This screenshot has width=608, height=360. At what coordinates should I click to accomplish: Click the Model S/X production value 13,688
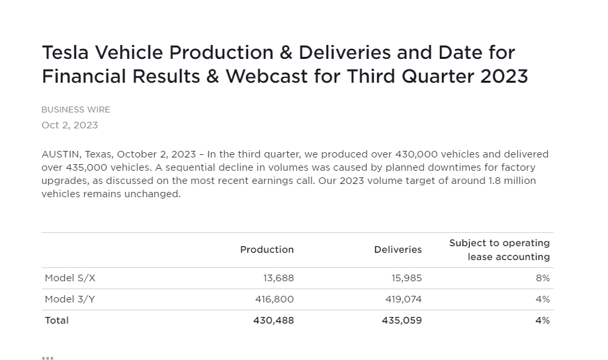(x=279, y=278)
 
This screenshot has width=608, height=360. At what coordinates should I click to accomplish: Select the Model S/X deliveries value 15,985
(x=406, y=278)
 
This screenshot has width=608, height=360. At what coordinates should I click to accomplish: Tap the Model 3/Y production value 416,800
(x=275, y=299)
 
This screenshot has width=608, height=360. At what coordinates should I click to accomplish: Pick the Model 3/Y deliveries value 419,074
(x=404, y=299)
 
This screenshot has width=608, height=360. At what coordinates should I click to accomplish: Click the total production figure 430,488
(x=273, y=320)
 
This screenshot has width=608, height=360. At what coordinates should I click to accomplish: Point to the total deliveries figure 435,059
(x=402, y=320)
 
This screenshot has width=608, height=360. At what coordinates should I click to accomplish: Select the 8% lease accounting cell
(x=543, y=278)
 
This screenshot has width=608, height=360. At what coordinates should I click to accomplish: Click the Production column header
(x=267, y=249)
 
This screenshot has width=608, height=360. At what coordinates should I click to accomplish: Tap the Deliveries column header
(x=398, y=249)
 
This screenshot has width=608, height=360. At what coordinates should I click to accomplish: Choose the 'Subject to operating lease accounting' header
(x=499, y=250)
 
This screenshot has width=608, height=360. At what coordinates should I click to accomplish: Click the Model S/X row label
(x=70, y=278)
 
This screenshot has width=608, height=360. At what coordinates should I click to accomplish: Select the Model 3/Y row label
(x=69, y=299)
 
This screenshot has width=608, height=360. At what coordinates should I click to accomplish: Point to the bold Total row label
(x=57, y=320)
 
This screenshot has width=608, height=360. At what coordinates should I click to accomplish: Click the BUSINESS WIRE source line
(x=75, y=110)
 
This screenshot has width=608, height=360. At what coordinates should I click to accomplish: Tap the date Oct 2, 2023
(x=69, y=125)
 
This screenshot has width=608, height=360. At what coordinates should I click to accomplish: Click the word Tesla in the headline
(x=65, y=52)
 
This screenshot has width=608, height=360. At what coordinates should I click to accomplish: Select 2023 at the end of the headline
(x=504, y=76)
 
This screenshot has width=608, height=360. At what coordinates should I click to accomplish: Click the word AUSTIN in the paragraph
(x=61, y=154)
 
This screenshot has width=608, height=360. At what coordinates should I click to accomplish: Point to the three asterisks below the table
(x=48, y=358)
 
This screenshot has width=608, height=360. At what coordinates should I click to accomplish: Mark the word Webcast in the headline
(x=267, y=76)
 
